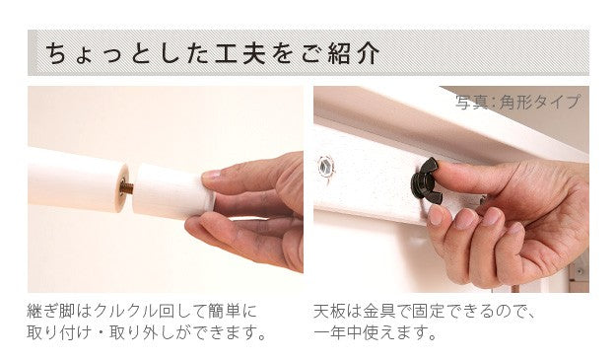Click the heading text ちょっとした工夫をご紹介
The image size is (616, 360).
[x=208, y=52]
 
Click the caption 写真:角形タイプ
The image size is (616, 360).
[x=517, y=102]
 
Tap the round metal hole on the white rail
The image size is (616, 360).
[x=326, y=165]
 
